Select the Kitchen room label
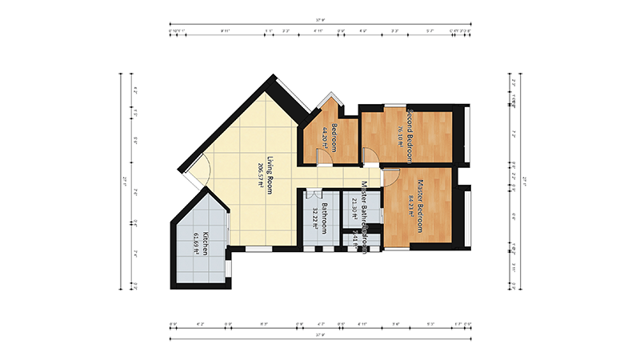206,242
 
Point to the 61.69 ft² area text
196,242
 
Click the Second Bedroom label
408,128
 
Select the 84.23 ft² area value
410,206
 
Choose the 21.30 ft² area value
354,207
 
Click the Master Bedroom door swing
391,177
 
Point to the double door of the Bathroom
313,194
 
